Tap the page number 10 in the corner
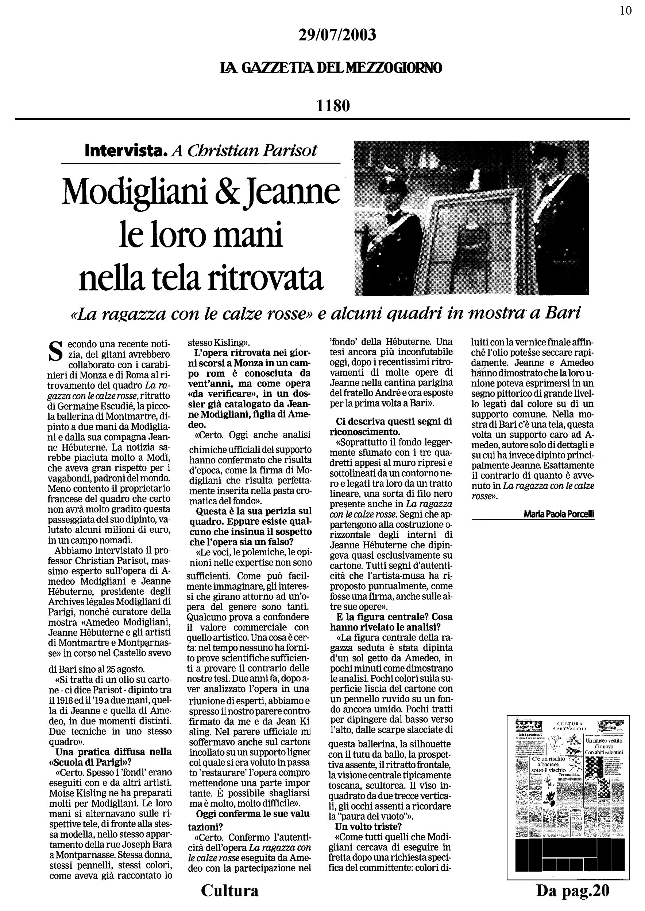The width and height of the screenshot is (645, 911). tap(626, 11)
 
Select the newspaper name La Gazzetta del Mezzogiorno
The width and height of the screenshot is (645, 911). tap(331, 68)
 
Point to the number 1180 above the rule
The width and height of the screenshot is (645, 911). tap(333, 106)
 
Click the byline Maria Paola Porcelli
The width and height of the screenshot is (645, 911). tap(559, 514)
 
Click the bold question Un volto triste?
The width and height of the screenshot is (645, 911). tap(368, 826)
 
